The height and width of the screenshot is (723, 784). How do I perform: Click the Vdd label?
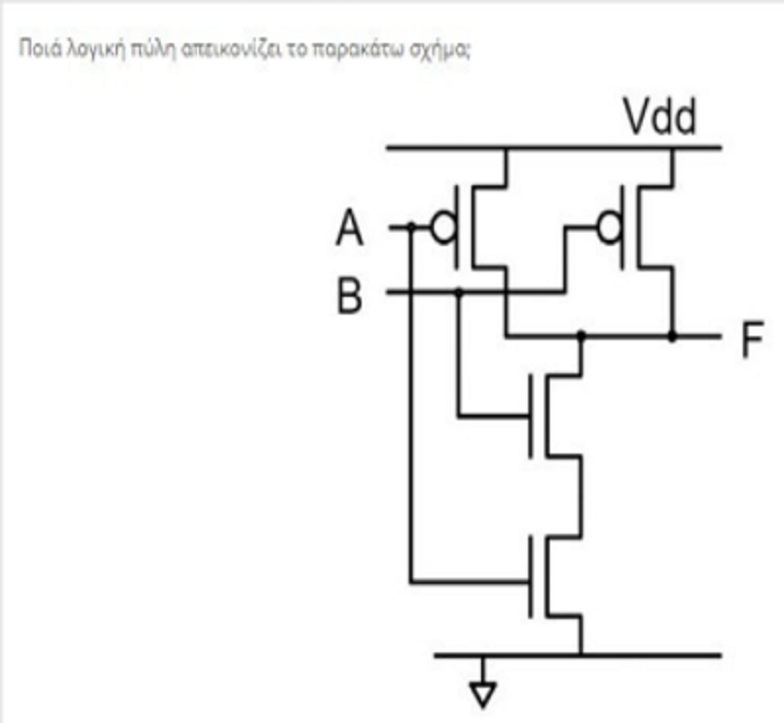660,117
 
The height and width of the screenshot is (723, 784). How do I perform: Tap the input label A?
350,227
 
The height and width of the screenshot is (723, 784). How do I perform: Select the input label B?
350,296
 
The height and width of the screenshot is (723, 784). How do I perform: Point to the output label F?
753,340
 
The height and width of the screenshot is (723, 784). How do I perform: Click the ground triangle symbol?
482,694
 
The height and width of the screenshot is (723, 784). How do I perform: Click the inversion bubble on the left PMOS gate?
444,228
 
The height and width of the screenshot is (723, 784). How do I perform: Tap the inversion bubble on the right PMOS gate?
610,228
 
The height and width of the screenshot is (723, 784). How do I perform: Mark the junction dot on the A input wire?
411,227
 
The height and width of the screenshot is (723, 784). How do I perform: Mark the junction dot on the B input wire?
459,291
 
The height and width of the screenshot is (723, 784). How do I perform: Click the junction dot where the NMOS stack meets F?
581,334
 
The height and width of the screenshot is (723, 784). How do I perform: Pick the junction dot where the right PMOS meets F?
672,336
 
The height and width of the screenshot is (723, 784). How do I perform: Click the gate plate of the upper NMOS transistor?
530,416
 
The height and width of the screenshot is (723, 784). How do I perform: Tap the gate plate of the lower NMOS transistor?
530,576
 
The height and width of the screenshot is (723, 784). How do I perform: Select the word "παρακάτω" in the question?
357,49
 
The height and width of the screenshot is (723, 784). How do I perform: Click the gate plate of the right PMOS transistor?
622,227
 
